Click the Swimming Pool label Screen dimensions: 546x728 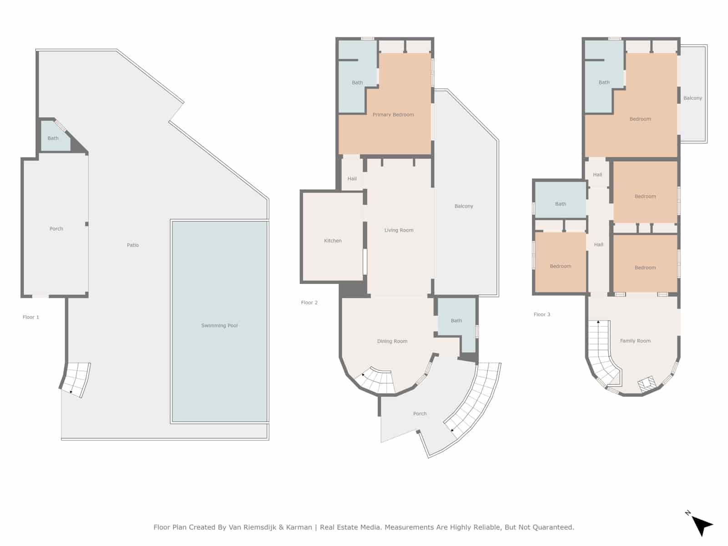click(x=219, y=325)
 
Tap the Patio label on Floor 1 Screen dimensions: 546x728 click(x=133, y=245)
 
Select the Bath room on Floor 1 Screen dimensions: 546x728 click(x=53, y=138)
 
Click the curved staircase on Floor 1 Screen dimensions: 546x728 click(x=76, y=379)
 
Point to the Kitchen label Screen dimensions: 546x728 click(x=333, y=241)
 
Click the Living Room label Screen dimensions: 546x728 click(x=399, y=230)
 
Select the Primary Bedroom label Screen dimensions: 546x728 click(x=393, y=115)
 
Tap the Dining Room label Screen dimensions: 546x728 click(x=392, y=341)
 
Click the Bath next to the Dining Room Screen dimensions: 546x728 click(x=456, y=321)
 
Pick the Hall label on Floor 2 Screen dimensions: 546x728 click(x=352, y=179)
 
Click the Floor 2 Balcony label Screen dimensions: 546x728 click(x=464, y=206)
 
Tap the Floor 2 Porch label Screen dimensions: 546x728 click(x=420, y=414)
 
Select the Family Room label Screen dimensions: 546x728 click(x=635, y=341)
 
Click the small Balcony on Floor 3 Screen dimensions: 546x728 click(x=693, y=98)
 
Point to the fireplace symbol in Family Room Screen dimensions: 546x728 click(x=647, y=384)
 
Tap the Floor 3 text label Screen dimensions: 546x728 click(x=542, y=314)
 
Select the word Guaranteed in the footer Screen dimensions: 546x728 click(x=551, y=527)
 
